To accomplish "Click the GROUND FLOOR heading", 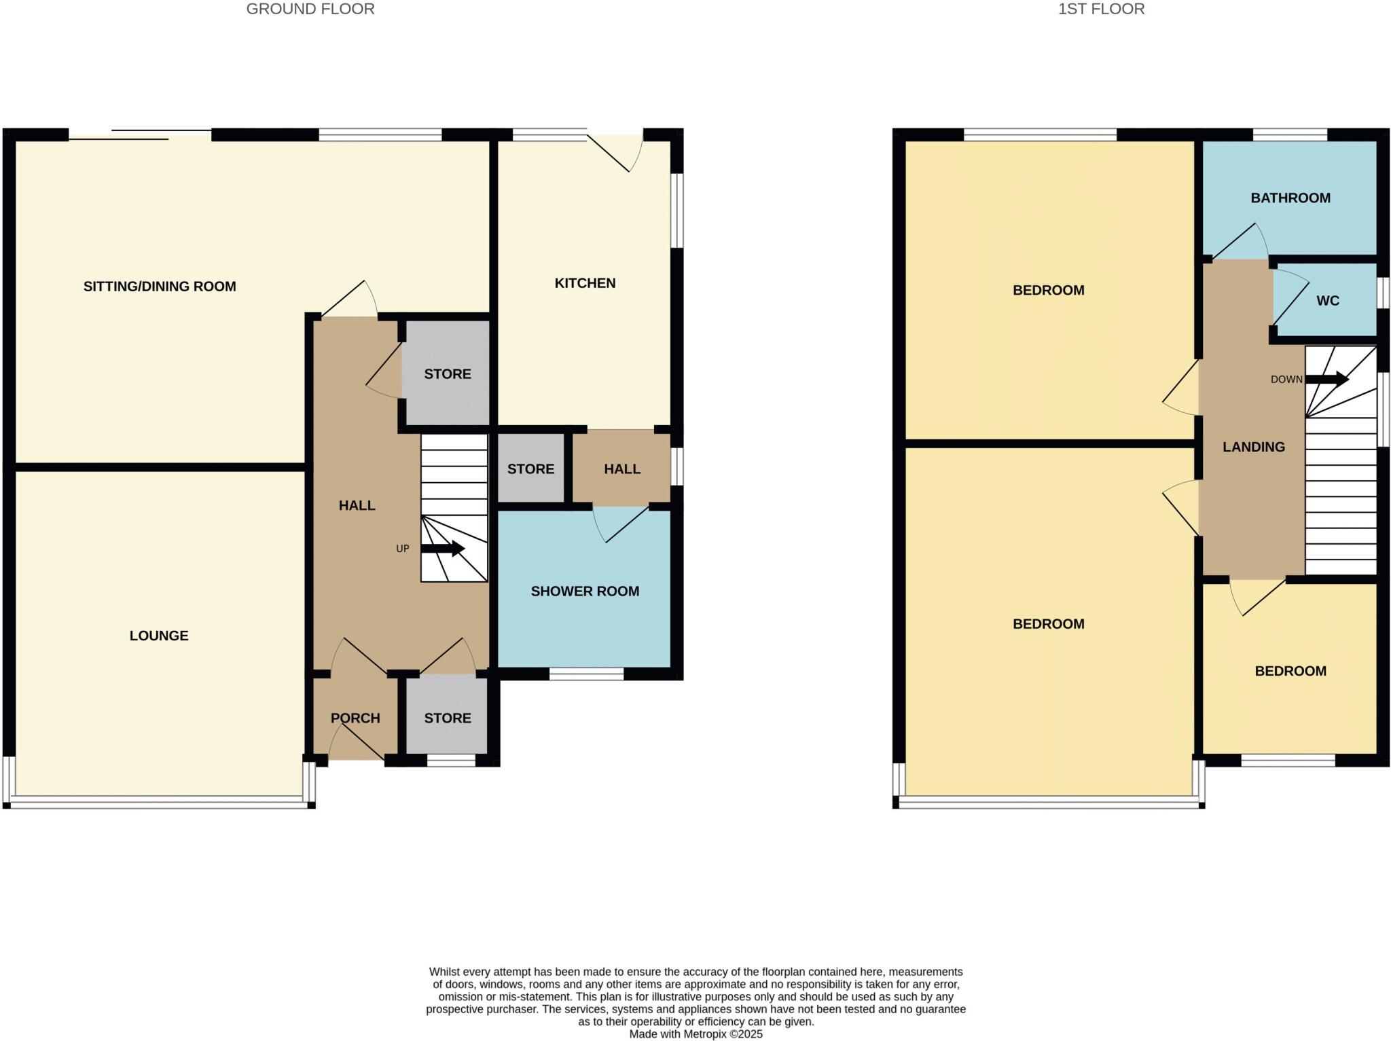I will pyautogui.click(x=310, y=9).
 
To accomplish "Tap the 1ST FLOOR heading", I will pyautogui.click(x=1101, y=9).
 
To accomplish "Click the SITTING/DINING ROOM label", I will pyautogui.click(x=160, y=287).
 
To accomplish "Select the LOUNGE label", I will pyautogui.click(x=159, y=636).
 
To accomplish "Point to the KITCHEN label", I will pyautogui.click(x=585, y=283).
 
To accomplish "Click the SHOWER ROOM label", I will pyautogui.click(x=585, y=591).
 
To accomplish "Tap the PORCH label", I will pyautogui.click(x=355, y=718).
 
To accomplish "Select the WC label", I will pyautogui.click(x=1327, y=301).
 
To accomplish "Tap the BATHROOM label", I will pyautogui.click(x=1290, y=198).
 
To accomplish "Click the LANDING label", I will pyautogui.click(x=1253, y=447).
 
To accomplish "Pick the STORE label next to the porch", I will pyautogui.click(x=447, y=718).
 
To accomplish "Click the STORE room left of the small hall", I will pyautogui.click(x=530, y=469).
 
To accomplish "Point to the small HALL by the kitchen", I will pyautogui.click(x=621, y=469).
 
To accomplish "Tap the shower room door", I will pyautogui.click(x=621, y=524).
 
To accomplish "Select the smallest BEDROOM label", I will pyautogui.click(x=1290, y=671).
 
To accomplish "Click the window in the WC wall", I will pyautogui.click(x=1384, y=293).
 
